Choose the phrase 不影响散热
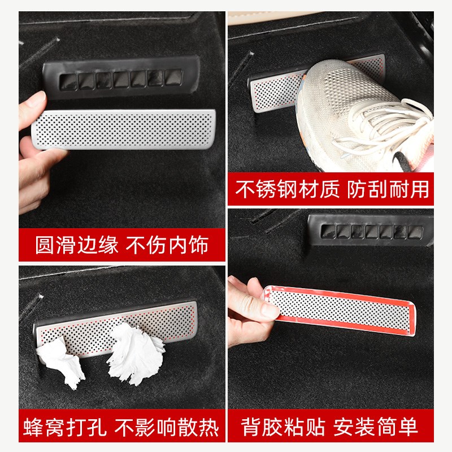pos(167,428)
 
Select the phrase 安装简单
pos(384,428)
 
